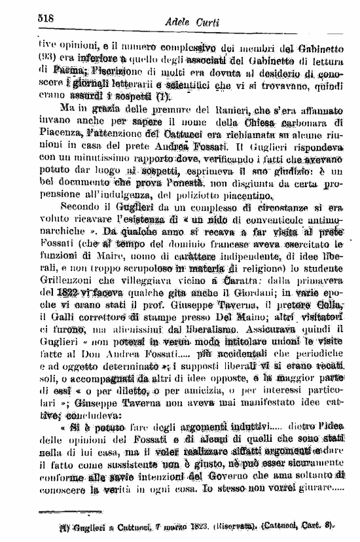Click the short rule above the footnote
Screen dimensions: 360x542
[66, 513]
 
